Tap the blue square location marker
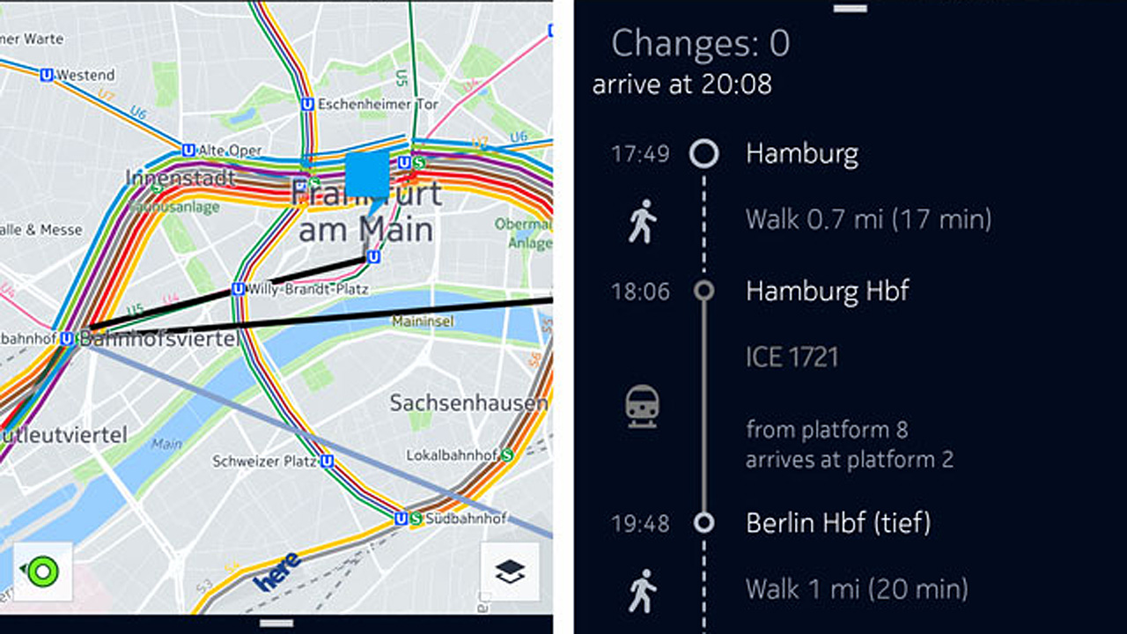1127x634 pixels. click(367, 173)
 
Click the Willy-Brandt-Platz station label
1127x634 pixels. click(308, 289)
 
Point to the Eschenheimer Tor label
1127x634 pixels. click(377, 104)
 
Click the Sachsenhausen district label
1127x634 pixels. click(468, 403)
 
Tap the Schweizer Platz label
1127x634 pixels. click(258, 461)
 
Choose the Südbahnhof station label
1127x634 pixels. click(466, 519)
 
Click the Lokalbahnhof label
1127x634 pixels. click(453, 455)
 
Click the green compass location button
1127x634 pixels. click(42, 572)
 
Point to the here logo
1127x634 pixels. click(276, 571)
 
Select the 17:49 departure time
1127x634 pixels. click(640, 154)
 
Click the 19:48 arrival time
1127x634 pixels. click(640, 524)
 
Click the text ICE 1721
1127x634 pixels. click(792, 357)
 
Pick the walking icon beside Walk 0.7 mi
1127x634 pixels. click(643, 220)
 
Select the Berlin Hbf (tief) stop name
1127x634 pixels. click(837, 523)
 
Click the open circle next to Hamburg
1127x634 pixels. click(703, 154)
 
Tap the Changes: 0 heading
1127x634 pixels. click(700, 43)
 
